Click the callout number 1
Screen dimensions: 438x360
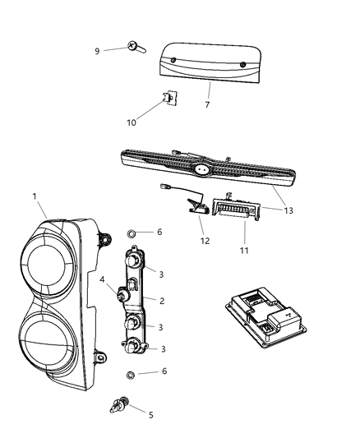(35, 197)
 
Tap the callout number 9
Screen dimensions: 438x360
(98, 51)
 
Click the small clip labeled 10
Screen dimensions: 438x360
(169, 98)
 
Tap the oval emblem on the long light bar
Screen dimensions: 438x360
(200, 170)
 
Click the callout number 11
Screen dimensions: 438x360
(244, 247)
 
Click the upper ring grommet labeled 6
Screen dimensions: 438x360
(132, 233)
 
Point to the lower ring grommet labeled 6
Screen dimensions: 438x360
(130, 376)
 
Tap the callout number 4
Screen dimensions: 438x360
(102, 280)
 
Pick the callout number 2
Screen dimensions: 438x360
(162, 301)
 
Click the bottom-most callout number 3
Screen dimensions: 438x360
(163, 349)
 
